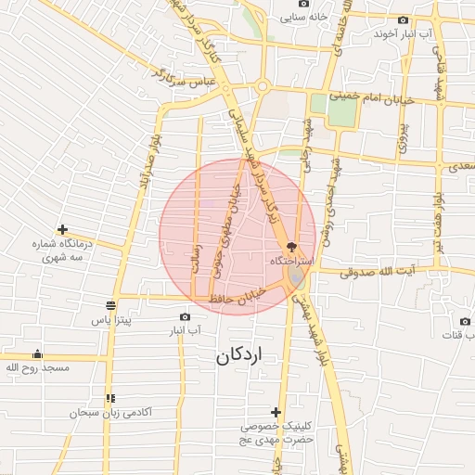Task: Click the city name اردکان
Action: click(239, 354)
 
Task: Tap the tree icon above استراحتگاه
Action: click(292, 247)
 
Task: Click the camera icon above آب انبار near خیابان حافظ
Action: click(186, 316)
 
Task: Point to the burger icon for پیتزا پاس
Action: click(111, 305)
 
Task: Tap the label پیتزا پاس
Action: click(112, 319)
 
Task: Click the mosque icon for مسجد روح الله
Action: click(37, 354)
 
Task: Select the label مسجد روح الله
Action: click(37, 368)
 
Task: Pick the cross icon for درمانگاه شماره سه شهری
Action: click(62, 229)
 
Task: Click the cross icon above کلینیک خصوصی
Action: click(276, 412)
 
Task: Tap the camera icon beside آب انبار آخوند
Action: click(403, 20)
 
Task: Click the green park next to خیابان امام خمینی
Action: click(341, 109)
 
